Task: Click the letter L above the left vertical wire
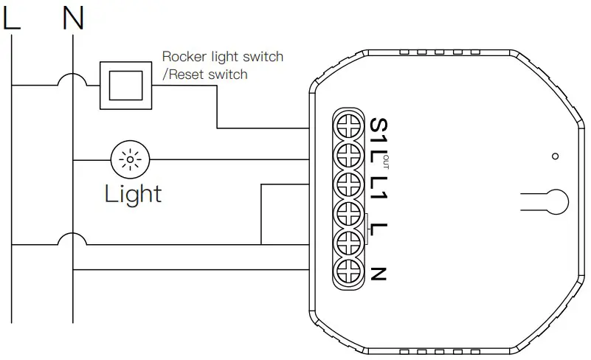(x=11, y=18)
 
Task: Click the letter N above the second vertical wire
(x=73, y=18)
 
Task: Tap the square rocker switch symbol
(x=125, y=85)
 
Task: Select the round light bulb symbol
(x=131, y=159)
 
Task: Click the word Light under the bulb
(x=133, y=194)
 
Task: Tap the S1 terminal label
(x=378, y=129)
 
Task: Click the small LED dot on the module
(x=555, y=156)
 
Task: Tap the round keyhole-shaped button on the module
(x=559, y=200)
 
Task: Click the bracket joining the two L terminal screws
(x=367, y=226)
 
